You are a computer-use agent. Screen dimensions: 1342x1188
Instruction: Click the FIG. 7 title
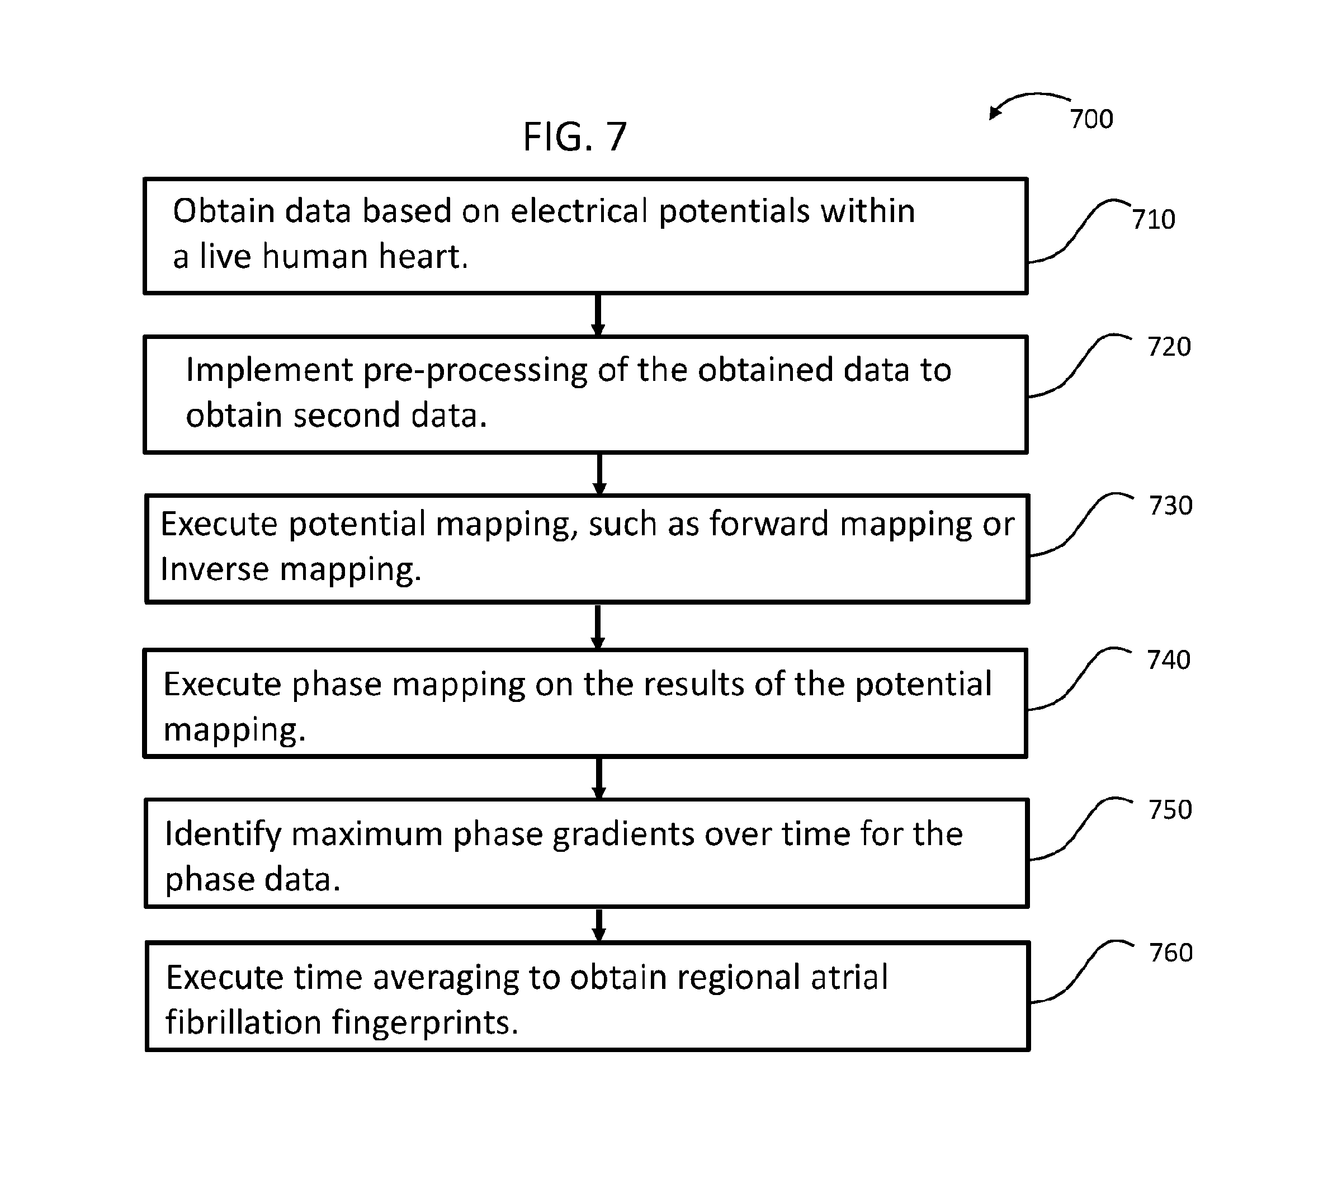click(574, 136)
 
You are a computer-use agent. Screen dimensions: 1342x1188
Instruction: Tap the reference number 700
click(1091, 119)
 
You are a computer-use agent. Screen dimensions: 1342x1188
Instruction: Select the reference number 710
click(1154, 219)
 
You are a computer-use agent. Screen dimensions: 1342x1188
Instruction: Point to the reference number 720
click(1169, 346)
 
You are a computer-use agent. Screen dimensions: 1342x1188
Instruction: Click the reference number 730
click(1171, 505)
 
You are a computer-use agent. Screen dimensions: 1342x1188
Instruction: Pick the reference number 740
click(1169, 659)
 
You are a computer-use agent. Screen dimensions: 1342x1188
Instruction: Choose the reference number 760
click(1171, 952)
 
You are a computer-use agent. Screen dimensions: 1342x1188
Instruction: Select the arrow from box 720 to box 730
click(599, 474)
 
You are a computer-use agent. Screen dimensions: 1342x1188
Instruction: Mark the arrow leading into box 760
click(599, 925)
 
